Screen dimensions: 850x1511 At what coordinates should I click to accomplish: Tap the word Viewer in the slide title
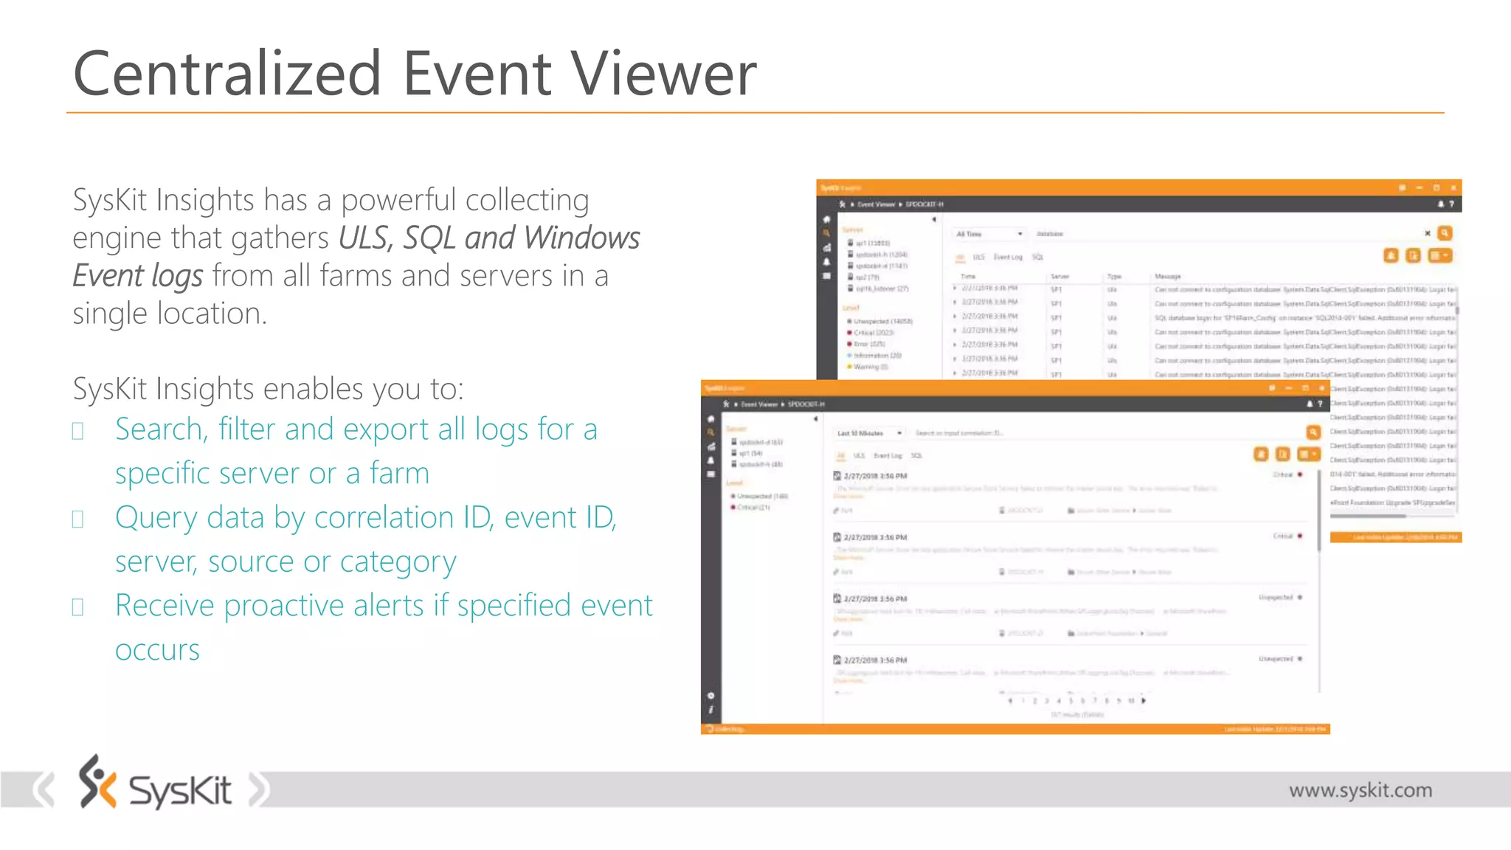point(664,74)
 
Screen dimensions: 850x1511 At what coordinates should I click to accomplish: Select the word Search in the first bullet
point(159,429)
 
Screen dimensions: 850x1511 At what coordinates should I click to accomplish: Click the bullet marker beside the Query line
point(77,519)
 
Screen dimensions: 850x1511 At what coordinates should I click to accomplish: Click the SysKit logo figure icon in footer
point(97,781)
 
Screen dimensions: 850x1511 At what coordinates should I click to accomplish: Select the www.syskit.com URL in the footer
point(1360,790)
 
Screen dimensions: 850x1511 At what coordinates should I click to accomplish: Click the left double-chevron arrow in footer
point(44,789)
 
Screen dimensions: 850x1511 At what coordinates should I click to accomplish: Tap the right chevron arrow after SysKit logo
point(259,789)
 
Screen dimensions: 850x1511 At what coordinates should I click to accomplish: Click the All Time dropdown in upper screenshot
point(989,234)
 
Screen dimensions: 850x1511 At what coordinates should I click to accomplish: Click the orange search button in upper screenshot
point(1445,233)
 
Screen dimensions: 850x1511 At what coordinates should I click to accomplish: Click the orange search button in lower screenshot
point(1313,432)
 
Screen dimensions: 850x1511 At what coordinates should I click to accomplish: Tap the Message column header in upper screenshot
point(1167,277)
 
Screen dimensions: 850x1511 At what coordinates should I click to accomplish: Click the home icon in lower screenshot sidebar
point(710,419)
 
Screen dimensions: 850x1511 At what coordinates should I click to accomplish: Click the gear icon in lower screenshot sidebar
point(710,696)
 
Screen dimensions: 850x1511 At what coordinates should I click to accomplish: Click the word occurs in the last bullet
point(157,650)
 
